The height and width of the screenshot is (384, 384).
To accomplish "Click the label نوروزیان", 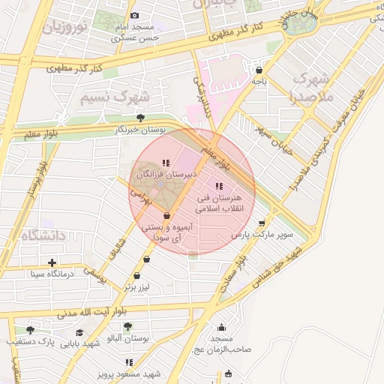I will [65, 28].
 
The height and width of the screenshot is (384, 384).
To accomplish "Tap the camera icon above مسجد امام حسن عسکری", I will [134, 16].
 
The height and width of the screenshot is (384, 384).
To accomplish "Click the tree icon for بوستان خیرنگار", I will [140, 117].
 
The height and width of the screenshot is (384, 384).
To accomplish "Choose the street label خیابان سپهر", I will [271, 130].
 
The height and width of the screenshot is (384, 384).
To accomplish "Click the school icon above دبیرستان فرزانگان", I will [166, 162].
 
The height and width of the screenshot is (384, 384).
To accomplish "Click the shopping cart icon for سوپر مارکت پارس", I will [261, 223].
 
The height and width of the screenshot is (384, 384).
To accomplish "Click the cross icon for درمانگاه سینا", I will [52, 262].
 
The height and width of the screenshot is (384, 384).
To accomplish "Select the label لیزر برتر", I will [138, 287].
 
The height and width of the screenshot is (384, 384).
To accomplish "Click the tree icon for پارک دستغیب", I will [30, 329].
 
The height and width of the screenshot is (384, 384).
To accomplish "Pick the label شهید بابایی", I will [80, 343].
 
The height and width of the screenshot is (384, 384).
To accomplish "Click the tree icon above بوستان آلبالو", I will [128, 326].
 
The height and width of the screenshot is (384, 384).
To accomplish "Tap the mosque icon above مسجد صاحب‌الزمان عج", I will [221, 328].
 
